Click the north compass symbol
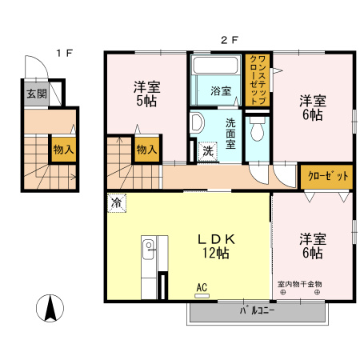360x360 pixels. coord(50,308)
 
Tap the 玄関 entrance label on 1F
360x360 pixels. coord(37,94)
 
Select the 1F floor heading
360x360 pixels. coord(64,54)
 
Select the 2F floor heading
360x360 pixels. coord(229,40)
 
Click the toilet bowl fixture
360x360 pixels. coord(258,129)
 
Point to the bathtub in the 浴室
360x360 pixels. coord(216,66)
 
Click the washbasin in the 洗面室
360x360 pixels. coord(197,123)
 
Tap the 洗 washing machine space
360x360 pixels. coord(208,151)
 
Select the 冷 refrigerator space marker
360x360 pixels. coord(117,203)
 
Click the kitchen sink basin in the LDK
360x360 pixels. coord(148,250)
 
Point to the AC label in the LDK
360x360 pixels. coord(202,288)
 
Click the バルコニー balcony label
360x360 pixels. coord(257,310)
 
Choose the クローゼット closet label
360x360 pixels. coord(328,176)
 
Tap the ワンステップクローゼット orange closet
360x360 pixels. coord(258,80)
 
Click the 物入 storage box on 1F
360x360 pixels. coord(63,150)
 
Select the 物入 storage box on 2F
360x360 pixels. coord(146,150)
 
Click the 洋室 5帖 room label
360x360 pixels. coord(146,94)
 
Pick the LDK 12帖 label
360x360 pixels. coord(216,246)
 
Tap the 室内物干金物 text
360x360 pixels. coord(300,284)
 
